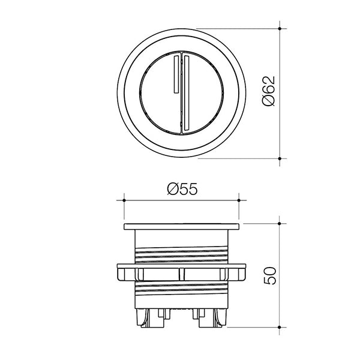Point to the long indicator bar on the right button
(185, 92)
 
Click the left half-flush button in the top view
(157, 93)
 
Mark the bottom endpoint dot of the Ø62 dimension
(281, 159)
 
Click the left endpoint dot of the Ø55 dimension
(123, 199)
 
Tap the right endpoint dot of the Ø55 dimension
(239, 199)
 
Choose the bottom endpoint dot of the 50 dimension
(281, 327)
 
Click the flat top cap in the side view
(181, 227)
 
